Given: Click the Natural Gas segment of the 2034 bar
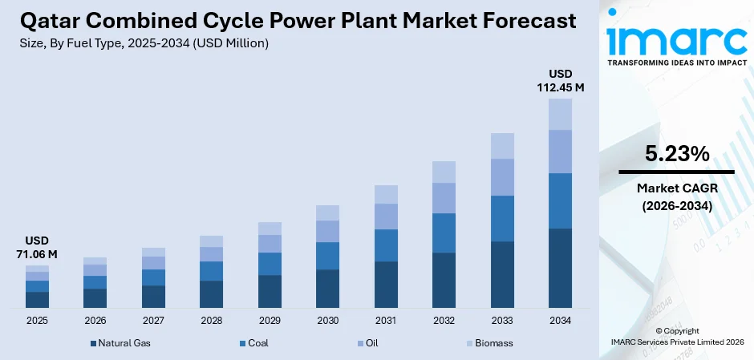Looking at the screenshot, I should pyautogui.click(x=560, y=268).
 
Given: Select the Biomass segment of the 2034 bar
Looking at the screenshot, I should pyautogui.click(x=560, y=114).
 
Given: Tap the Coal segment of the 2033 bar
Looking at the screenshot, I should pyautogui.click(x=502, y=218).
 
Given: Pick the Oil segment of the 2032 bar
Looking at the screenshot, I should pyautogui.click(x=444, y=198).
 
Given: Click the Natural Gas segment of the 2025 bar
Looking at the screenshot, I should pyautogui.click(x=37, y=300).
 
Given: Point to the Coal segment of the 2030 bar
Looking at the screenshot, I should pyautogui.click(x=327, y=256).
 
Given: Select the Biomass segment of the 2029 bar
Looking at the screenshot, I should pyautogui.click(x=270, y=229).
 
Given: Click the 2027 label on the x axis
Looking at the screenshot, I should pyautogui.click(x=153, y=321).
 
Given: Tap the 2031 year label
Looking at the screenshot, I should pyautogui.click(x=386, y=321).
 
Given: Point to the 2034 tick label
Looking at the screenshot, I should pyautogui.click(x=560, y=321).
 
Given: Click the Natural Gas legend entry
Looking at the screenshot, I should pyautogui.click(x=120, y=343).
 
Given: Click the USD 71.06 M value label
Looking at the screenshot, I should pyautogui.click(x=37, y=248).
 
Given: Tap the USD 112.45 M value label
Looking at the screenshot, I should pyautogui.click(x=560, y=80).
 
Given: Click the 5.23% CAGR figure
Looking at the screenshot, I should pyautogui.click(x=676, y=154).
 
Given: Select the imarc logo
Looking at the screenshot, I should pyautogui.click(x=676, y=38).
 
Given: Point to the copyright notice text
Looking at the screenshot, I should pyautogui.click(x=676, y=336).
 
